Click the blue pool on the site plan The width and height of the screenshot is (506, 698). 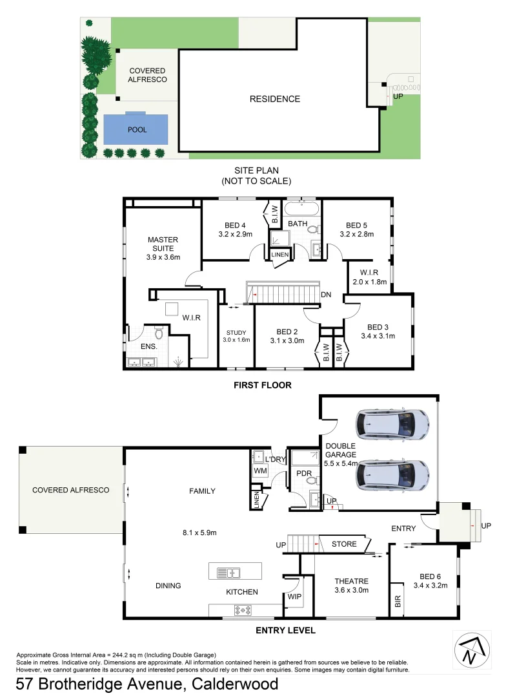click(x=136, y=129)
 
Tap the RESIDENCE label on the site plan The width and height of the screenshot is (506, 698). click(x=275, y=99)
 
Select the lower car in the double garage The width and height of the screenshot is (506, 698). click(x=392, y=475)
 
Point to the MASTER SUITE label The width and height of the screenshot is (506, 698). click(x=163, y=244)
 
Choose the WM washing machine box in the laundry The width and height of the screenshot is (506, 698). click(x=260, y=471)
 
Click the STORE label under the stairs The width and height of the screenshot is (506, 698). click(x=343, y=544)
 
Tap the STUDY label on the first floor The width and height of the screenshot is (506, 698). click(x=236, y=333)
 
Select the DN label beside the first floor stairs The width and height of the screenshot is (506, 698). click(x=326, y=295)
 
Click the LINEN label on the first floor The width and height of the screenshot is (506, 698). click(x=280, y=255)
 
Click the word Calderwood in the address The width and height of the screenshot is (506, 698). click(x=233, y=684)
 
